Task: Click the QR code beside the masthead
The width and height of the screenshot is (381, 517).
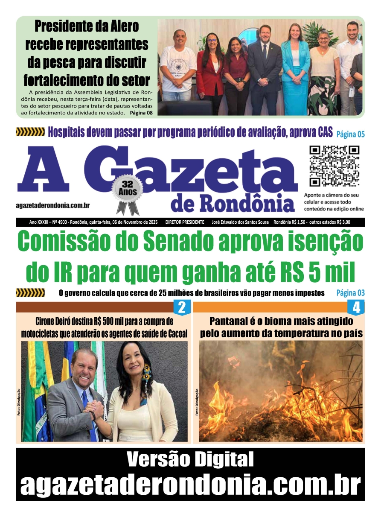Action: (x=334, y=166)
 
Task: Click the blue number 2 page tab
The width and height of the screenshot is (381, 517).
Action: (x=182, y=307)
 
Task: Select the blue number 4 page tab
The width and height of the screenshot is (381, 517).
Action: (x=356, y=307)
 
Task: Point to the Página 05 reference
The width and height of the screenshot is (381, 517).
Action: (x=350, y=134)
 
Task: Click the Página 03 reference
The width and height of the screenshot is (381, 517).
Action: (x=350, y=293)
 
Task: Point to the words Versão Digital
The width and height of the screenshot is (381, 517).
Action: (x=190, y=460)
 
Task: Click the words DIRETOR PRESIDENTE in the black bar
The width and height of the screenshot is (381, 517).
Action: (x=185, y=222)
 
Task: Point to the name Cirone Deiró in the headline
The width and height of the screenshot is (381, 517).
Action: (x=54, y=321)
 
